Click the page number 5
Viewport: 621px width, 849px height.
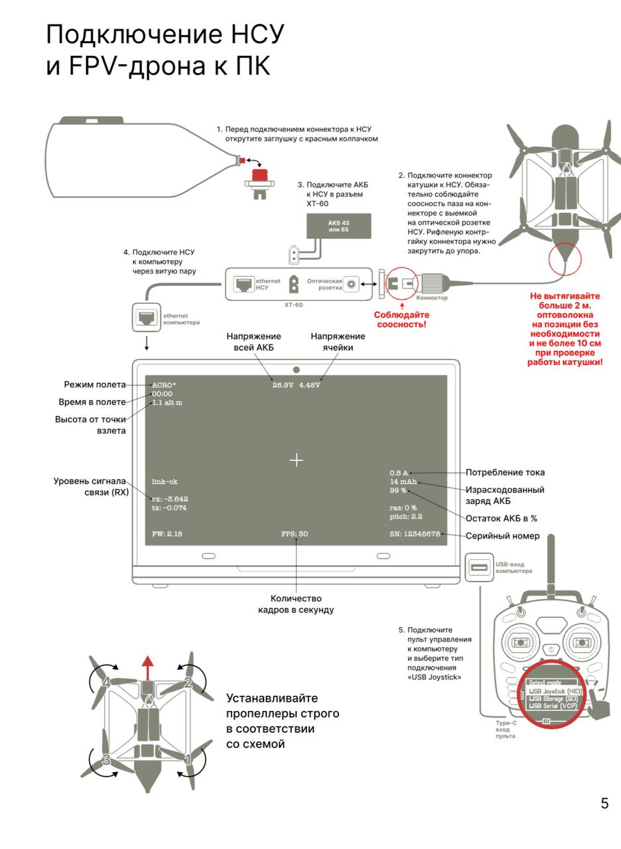(604, 803)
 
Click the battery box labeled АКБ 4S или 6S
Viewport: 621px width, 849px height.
(338, 226)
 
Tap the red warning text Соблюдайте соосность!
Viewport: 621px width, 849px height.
(401, 319)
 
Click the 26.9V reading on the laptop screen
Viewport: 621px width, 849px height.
(283, 385)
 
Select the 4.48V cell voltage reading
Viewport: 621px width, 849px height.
(309, 385)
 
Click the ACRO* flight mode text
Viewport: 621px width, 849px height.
(164, 385)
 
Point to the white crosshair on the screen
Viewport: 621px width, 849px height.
(296, 460)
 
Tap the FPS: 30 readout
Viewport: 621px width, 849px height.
(294, 534)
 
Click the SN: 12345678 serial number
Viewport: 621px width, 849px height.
(415, 534)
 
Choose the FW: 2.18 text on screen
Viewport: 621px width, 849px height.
(167, 534)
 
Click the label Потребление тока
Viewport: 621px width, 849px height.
(505, 473)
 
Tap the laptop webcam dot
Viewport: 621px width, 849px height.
(296, 369)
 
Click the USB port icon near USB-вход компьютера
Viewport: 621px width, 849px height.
(479, 568)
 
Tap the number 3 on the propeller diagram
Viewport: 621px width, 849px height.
(105, 760)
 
